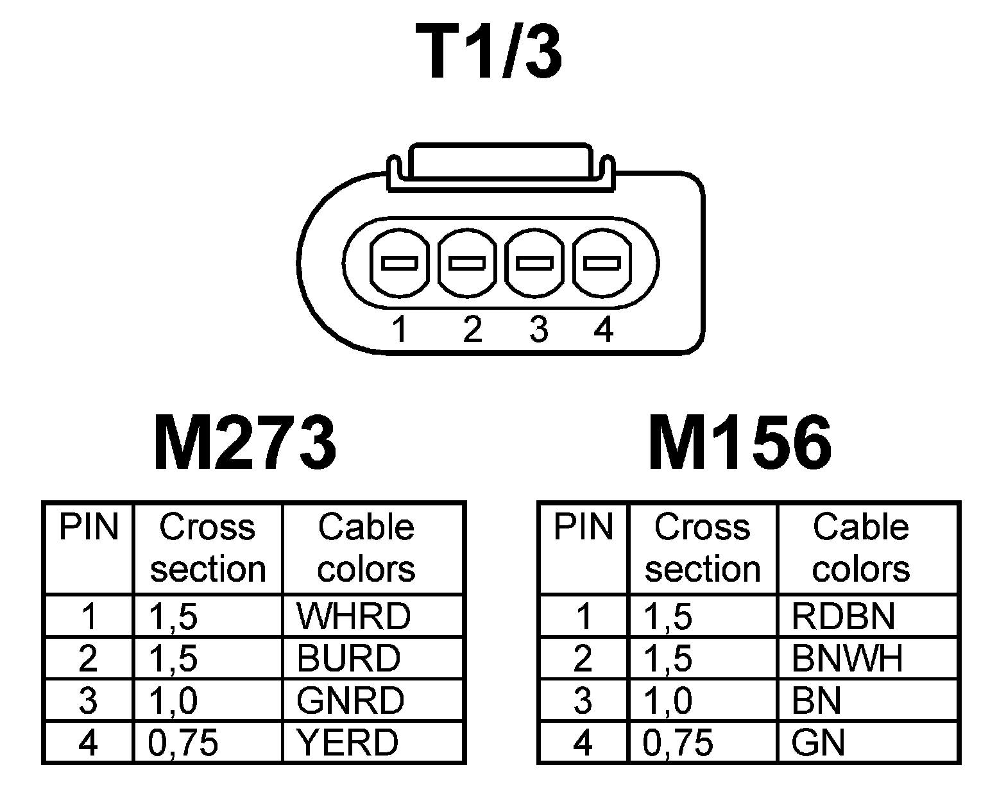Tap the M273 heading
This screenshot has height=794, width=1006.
(x=244, y=443)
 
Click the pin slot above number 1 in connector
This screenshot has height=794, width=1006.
(x=399, y=263)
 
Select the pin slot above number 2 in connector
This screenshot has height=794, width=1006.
(x=467, y=263)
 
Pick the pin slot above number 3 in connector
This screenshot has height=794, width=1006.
(x=535, y=263)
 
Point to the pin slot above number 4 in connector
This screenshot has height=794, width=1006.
(x=602, y=263)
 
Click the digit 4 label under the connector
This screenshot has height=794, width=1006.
(x=603, y=330)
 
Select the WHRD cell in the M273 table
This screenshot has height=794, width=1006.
(x=353, y=616)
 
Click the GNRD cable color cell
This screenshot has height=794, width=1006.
(x=350, y=700)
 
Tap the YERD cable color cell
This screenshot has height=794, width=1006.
(x=347, y=742)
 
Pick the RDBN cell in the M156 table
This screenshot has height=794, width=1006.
(x=843, y=616)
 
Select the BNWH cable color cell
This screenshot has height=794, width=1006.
(x=847, y=658)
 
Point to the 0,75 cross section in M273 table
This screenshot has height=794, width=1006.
(x=183, y=742)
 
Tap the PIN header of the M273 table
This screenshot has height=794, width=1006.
(x=89, y=527)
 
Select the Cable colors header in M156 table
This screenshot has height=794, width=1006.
(x=861, y=548)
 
